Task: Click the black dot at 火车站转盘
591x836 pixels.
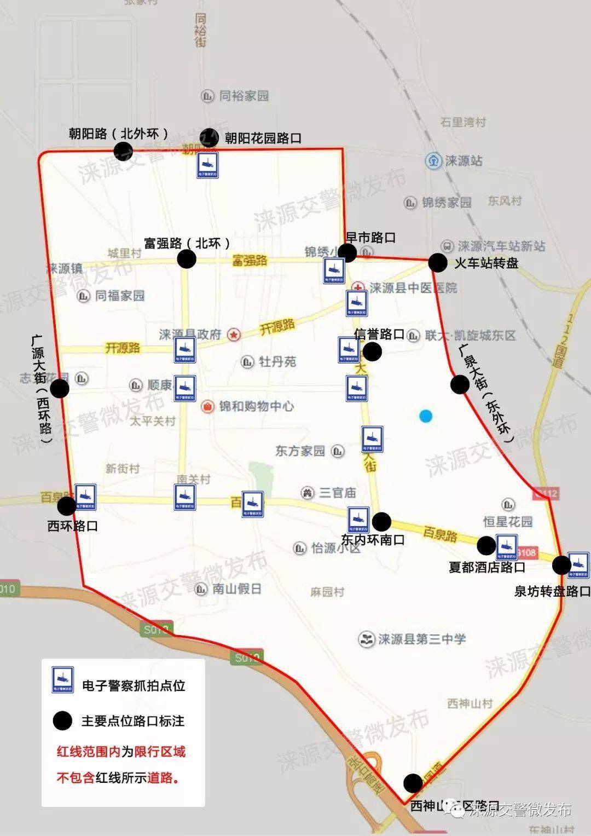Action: pyautogui.click(x=438, y=263)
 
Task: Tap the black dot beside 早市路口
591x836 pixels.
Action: pyautogui.click(x=347, y=252)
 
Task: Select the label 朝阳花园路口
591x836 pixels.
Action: pyautogui.click(x=263, y=138)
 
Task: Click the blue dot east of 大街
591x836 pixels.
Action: pyautogui.click(x=426, y=417)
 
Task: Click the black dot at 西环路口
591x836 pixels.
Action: pyautogui.click(x=67, y=505)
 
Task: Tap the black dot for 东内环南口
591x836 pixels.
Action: pyautogui.click(x=381, y=521)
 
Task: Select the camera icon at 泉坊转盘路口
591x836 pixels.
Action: pyautogui.click(x=578, y=564)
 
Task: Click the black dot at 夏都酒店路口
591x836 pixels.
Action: pyautogui.click(x=486, y=545)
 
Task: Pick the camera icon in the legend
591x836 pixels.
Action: pyautogui.click(x=62, y=679)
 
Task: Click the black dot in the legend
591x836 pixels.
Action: pyautogui.click(x=62, y=720)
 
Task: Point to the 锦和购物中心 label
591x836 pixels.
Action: pyautogui.click(x=256, y=406)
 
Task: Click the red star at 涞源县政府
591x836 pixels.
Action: pyautogui.click(x=234, y=334)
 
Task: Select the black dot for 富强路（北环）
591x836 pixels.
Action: pyautogui.click(x=187, y=259)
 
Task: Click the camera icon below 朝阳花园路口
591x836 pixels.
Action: pyautogui.click(x=208, y=165)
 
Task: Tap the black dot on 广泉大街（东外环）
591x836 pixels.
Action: pyautogui.click(x=460, y=384)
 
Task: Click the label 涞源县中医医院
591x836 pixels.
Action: pyautogui.click(x=413, y=288)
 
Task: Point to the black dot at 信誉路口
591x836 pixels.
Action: pyautogui.click(x=372, y=351)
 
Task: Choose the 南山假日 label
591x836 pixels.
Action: pyautogui.click(x=236, y=589)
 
